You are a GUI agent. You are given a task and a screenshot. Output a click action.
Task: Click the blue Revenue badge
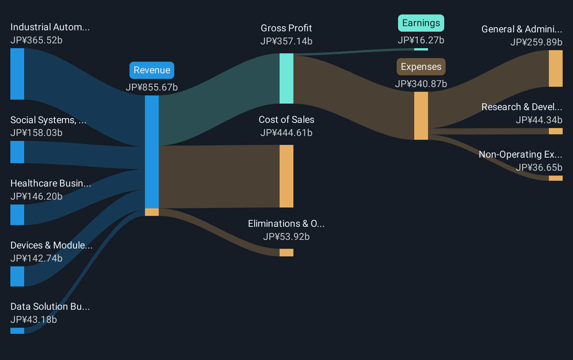(x=152, y=70)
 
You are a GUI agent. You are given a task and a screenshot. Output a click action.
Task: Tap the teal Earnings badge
(x=421, y=23)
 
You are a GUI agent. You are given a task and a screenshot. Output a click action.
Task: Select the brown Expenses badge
(x=421, y=67)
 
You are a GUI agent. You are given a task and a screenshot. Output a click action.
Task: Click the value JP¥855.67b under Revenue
(x=152, y=87)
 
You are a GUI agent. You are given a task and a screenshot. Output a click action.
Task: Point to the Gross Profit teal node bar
(x=286, y=78)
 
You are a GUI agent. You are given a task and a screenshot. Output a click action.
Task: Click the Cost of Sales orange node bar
(x=286, y=176)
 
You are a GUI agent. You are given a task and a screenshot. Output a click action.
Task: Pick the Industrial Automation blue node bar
(x=17, y=74)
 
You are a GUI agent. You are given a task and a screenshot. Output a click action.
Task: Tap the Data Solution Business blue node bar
(x=17, y=331)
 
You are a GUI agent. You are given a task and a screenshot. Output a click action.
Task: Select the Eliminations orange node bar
(x=286, y=252)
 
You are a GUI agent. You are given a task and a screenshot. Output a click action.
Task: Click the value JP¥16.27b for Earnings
(x=421, y=40)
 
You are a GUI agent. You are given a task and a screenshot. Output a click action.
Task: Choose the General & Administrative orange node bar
(x=555, y=68)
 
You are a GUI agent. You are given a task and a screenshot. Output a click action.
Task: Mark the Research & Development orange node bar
(x=555, y=131)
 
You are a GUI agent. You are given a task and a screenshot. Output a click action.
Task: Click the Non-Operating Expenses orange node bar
(x=555, y=178)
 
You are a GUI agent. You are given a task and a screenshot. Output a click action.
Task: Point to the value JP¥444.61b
(x=286, y=133)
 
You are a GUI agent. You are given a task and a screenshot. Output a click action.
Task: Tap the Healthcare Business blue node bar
(x=17, y=215)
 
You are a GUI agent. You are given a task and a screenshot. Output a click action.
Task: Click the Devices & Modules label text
(x=51, y=245)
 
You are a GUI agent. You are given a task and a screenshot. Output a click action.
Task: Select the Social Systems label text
(x=48, y=120)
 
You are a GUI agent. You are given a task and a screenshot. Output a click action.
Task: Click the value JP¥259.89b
(x=536, y=42)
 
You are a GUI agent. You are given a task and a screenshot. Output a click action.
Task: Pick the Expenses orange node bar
(x=421, y=116)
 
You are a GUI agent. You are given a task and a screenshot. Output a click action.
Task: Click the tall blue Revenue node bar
(x=152, y=152)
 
